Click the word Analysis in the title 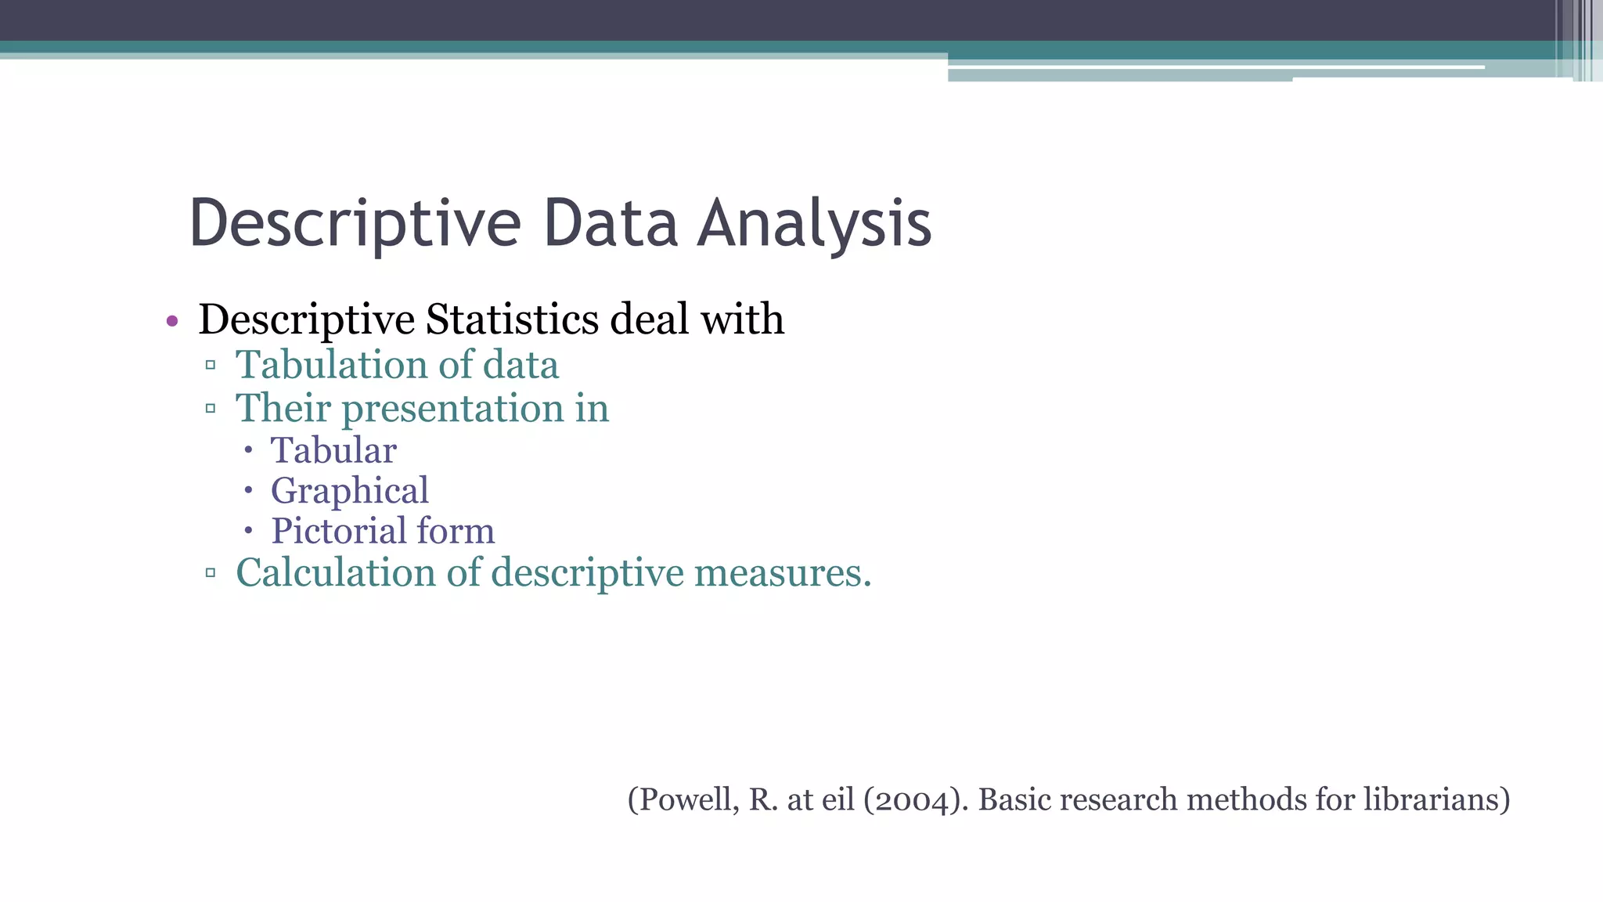click(814, 225)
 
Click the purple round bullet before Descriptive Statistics click(172, 321)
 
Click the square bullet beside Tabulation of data click(210, 365)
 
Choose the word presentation click(452, 409)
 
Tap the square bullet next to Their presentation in click(210, 408)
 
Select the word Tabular click(333, 451)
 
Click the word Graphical click(349, 491)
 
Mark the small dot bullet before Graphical click(248, 491)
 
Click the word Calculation click(335, 572)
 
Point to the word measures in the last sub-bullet click(782, 572)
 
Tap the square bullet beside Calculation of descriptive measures click(210, 573)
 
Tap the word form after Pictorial click(456, 531)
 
